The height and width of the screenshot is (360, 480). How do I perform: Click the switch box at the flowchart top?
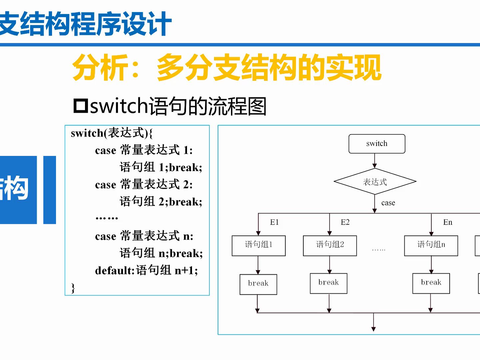tap(377, 144)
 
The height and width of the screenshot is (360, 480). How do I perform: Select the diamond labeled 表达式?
tap(375, 182)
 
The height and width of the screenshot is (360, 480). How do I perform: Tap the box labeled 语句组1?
tap(259, 246)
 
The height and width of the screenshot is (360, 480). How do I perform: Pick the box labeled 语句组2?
tap(330, 246)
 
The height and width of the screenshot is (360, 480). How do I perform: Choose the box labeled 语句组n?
tap(431, 246)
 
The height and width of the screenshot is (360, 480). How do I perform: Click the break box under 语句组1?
tap(258, 284)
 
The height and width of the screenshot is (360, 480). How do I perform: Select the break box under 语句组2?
tap(329, 283)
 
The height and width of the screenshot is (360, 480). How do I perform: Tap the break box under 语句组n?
tap(431, 283)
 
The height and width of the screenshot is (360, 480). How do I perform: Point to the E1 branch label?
tap(274, 222)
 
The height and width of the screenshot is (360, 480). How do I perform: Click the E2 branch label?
tap(345, 222)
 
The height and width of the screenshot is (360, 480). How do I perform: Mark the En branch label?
tap(448, 222)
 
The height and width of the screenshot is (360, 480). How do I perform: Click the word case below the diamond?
tap(388, 203)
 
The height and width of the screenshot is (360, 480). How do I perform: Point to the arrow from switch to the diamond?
tap(375, 161)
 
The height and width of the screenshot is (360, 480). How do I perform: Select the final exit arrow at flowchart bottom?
tap(374, 323)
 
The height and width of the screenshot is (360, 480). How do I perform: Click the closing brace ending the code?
tap(73, 288)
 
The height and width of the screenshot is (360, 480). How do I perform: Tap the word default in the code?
tap(114, 270)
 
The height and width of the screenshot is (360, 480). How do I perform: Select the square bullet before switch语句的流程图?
tap(80, 106)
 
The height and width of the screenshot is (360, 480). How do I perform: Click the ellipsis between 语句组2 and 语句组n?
tap(378, 250)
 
